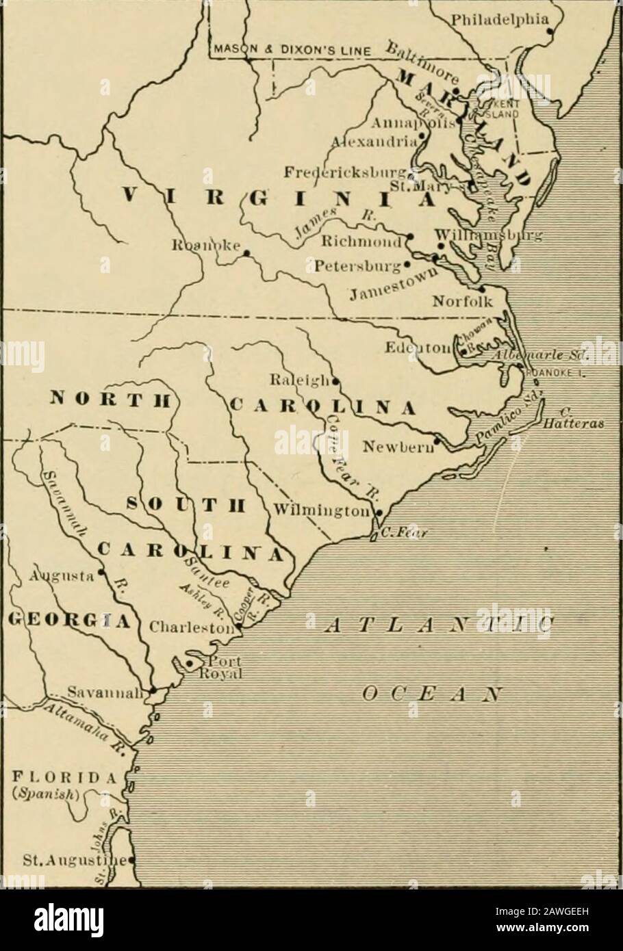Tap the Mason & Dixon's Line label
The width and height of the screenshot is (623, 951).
click(x=290, y=50)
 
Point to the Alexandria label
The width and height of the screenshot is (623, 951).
click(x=373, y=142)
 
